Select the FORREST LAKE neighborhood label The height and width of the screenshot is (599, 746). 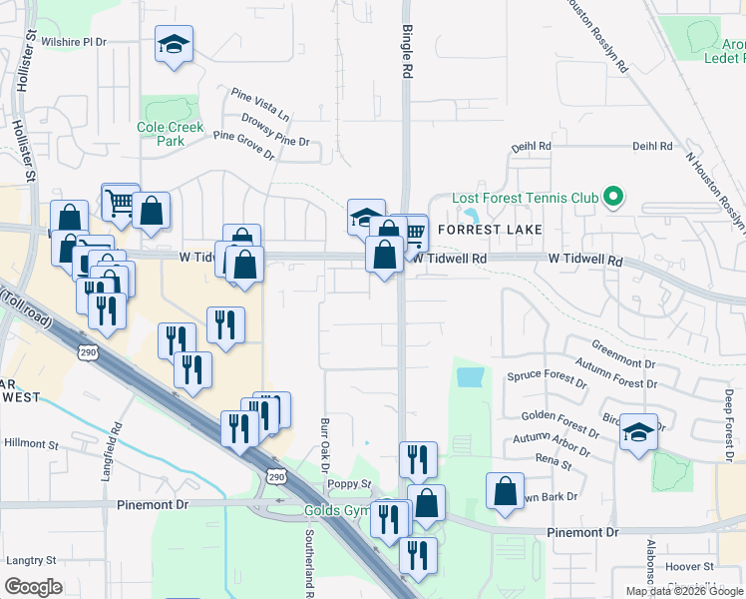[x=489, y=230]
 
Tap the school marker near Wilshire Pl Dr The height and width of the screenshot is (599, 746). [x=174, y=45]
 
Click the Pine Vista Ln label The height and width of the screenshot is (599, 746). [x=259, y=103]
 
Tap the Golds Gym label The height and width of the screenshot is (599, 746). [x=337, y=511]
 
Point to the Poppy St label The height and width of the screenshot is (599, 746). [x=349, y=484]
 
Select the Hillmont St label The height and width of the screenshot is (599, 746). [x=32, y=442]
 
